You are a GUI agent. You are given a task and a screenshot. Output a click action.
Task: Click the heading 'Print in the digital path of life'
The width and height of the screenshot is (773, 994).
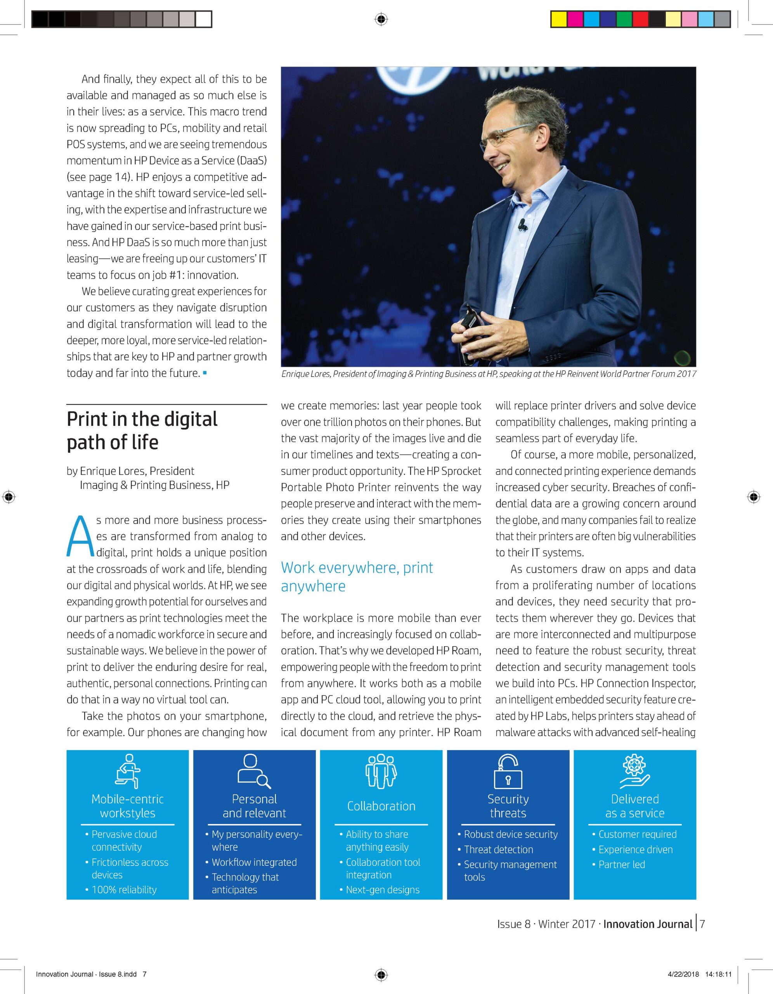click(142, 430)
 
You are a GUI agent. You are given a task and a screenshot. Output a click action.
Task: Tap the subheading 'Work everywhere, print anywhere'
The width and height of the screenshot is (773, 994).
click(357, 577)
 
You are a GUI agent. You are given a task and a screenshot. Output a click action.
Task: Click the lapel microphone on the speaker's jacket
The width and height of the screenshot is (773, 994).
click(522, 224)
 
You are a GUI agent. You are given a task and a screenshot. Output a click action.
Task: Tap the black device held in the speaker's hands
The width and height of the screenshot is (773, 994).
click(469, 325)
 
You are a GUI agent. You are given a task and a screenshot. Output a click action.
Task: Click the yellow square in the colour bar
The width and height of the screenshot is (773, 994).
click(558, 19)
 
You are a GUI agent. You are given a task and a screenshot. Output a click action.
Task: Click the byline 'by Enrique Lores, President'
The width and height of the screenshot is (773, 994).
click(130, 471)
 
